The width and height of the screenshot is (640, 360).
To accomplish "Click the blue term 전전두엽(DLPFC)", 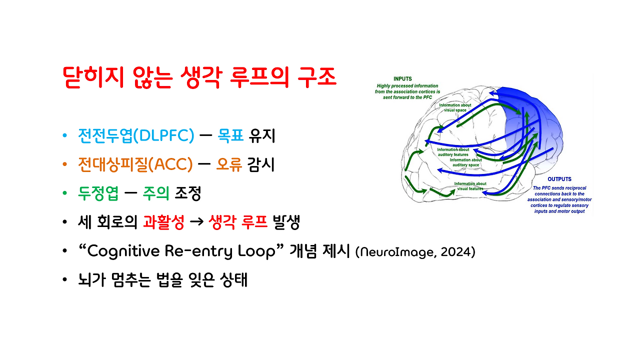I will tap(135, 135).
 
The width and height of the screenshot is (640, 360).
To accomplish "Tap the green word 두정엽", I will tap(98, 193).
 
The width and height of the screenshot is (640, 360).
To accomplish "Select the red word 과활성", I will tap(163, 222).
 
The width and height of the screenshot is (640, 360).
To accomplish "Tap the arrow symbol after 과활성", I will tap(196, 223).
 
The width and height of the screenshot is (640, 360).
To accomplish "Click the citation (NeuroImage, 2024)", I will tap(415, 252).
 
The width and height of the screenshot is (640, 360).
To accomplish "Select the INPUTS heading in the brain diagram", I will tap(403, 79).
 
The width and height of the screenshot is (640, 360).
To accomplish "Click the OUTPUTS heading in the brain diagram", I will tap(559, 179).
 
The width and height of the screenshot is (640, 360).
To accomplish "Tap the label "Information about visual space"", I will tap(454, 108).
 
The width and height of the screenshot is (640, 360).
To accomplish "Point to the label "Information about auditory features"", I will tap(453, 152).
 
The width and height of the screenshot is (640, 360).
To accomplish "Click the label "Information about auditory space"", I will tap(466, 162).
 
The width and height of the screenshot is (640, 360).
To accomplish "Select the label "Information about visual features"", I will tap(469, 186).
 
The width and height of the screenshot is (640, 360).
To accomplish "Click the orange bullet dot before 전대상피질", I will tap(64, 165).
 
